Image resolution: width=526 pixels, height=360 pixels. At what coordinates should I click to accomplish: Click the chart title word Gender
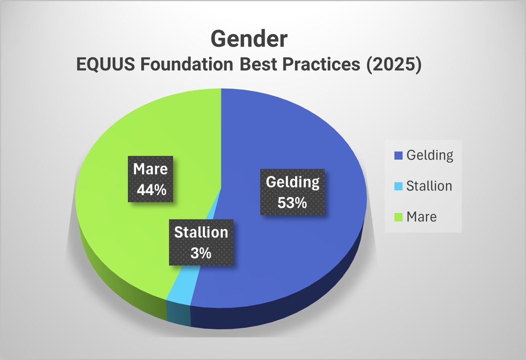pos(249,39)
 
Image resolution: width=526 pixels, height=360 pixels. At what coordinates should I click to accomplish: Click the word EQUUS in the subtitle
pos(106,65)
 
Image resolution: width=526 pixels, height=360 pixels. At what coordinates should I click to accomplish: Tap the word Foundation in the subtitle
pos(187,65)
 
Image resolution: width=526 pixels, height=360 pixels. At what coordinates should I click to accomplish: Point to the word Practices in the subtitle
pos(321,65)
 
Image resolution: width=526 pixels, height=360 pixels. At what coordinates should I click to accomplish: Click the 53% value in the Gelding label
pos(292,203)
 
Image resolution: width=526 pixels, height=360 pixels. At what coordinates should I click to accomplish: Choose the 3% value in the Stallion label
pos(201,253)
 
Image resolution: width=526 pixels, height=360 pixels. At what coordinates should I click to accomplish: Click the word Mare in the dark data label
pos(150,169)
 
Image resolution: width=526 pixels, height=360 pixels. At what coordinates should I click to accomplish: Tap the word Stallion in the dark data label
pos(201,232)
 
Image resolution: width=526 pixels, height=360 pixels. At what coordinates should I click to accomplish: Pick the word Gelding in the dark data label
pos(292,182)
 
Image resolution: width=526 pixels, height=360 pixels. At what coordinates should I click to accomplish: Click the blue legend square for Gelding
pos(398,156)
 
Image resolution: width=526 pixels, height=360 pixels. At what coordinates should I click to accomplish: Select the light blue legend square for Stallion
pos(398,186)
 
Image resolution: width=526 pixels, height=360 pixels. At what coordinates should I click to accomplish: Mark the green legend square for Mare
pos(398,217)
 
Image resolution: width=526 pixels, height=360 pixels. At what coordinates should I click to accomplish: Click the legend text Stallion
pos(429,186)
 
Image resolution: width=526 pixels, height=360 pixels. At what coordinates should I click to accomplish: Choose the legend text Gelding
pos(430,155)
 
